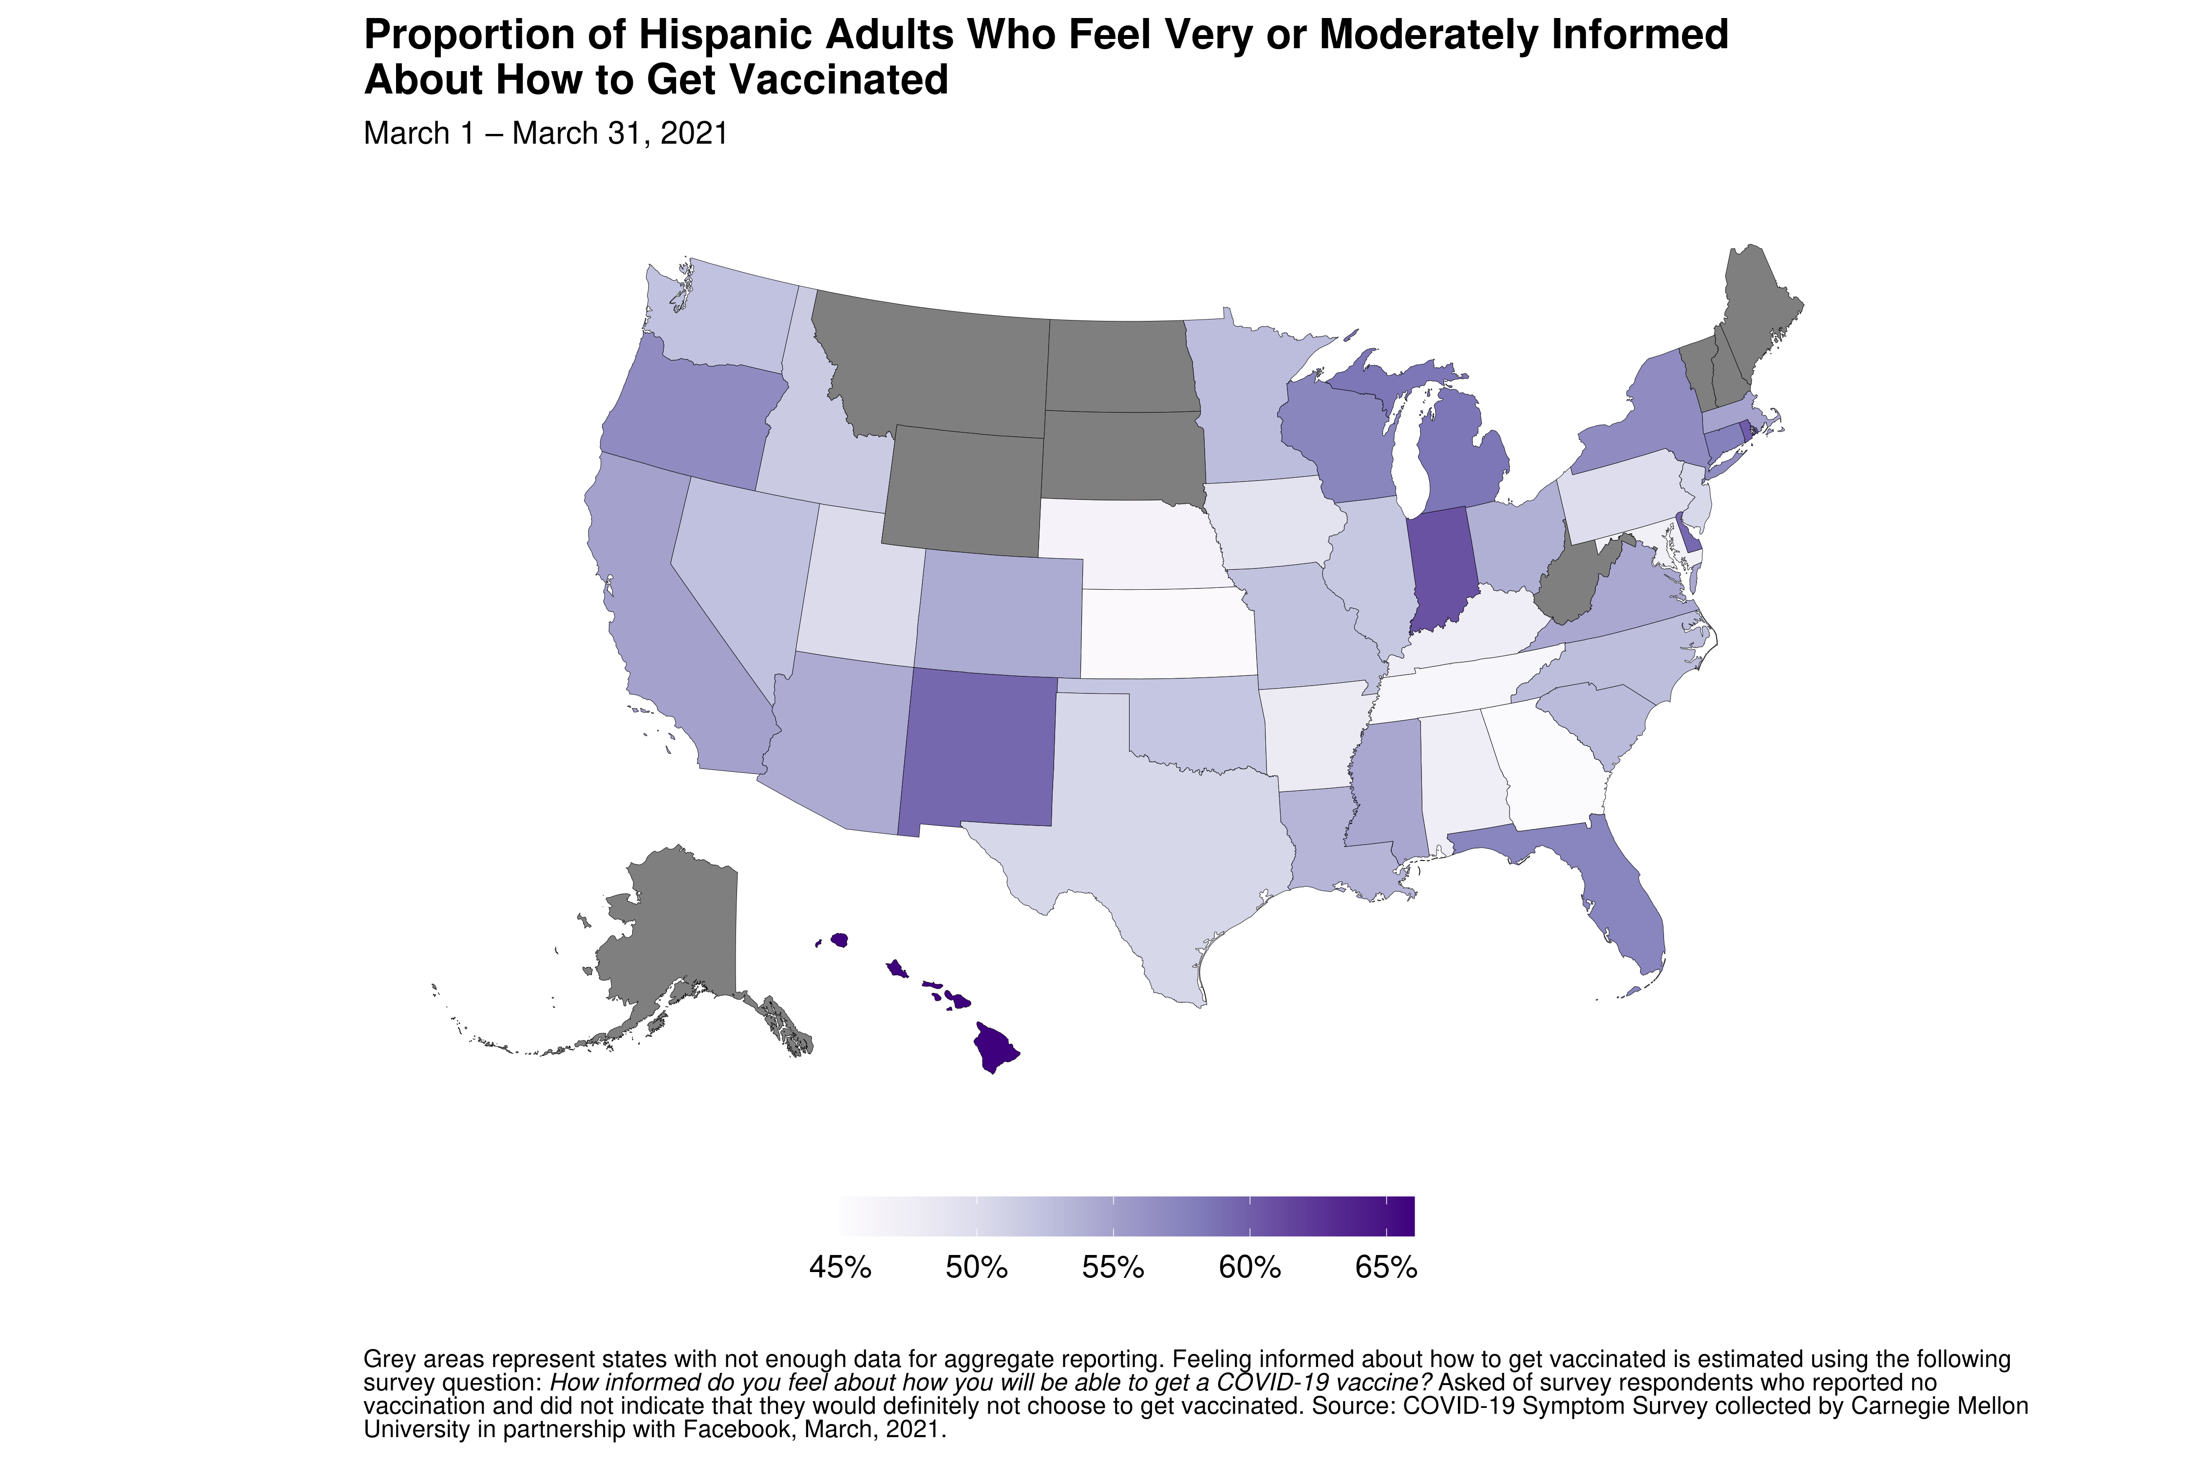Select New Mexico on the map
pyautogui.click(x=979, y=750)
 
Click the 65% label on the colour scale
pyautogui.click(x=1386, y=1268)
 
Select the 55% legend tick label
pyautogui.click(x=1113, y=1268)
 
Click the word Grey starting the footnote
pyautogui.click(x=389, y=1359)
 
